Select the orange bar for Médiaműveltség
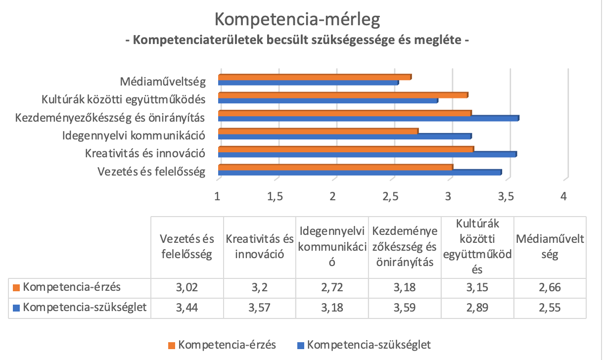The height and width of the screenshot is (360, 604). (x=315, y=77)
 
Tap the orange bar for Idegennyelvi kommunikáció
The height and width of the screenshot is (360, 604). (x=318, y=131)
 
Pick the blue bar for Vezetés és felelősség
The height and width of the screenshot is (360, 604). (x=360, y=172)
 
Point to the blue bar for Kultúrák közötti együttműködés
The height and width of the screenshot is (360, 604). (x=328, y=100)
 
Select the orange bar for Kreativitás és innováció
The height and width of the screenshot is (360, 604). (x=346, y=149)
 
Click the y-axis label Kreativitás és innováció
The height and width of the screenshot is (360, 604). (x=145, y=152)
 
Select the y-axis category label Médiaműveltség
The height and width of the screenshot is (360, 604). (x=163, y=81)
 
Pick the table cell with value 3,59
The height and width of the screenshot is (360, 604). (x=405, y=308)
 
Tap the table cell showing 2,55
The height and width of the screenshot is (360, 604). (x=550, y=308)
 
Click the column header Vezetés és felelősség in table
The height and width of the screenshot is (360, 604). (x=187, y=247)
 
